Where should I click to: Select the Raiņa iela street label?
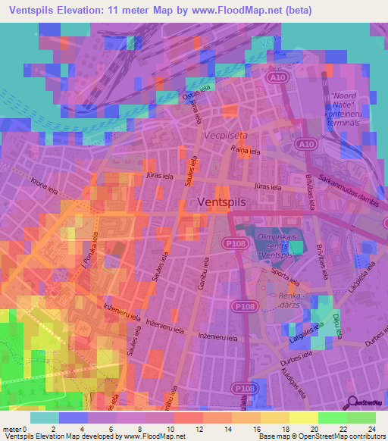[246, 151]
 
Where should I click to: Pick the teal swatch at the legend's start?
[45, 418]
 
